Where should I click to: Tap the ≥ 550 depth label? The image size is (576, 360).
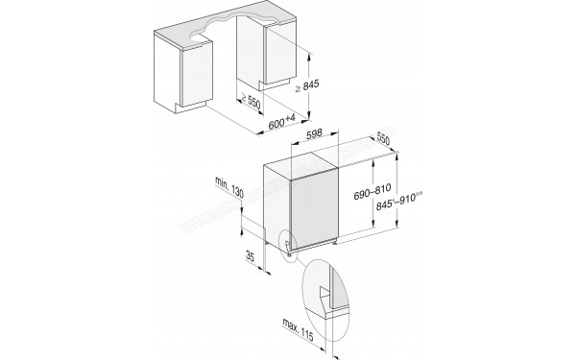tap(253, 102)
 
